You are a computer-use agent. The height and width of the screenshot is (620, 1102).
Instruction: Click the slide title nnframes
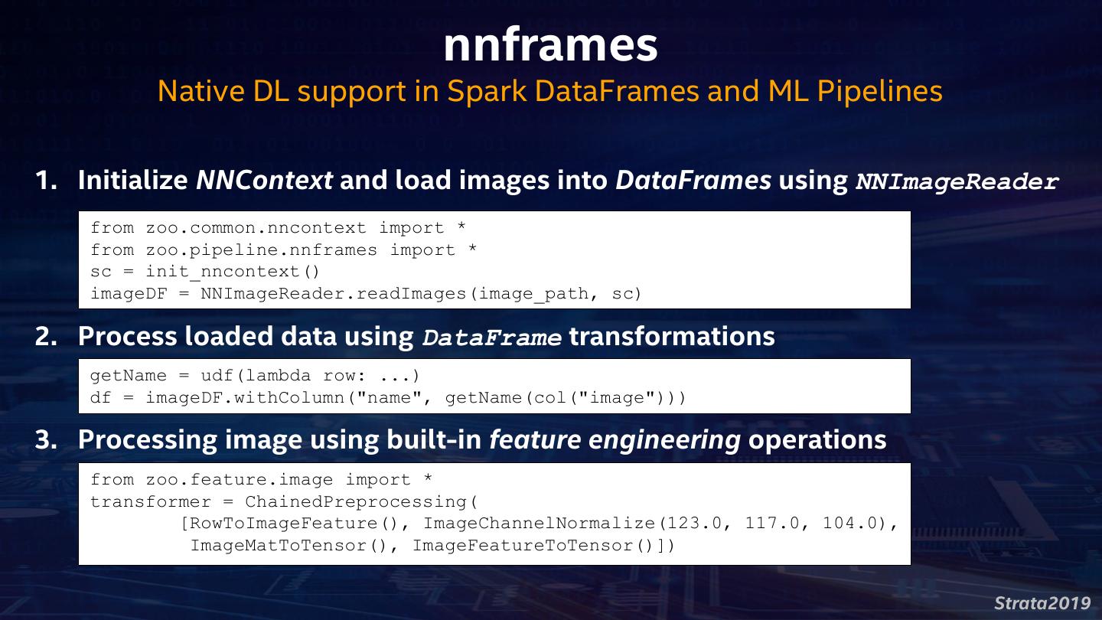coord(550,45)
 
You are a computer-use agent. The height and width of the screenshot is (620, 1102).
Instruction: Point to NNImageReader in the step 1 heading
coord(957,182)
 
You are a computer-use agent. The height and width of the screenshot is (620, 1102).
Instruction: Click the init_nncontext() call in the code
coord(233,272)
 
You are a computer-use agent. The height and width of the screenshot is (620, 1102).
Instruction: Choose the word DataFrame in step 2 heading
coord(492,338)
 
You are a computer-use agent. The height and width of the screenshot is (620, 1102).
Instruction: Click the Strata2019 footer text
coord(1042,602)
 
